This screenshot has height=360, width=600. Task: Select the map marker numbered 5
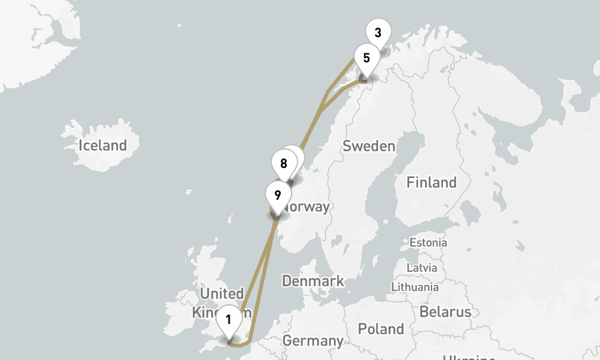tap(366, 58)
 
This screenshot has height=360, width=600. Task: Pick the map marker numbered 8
tap(284, 163)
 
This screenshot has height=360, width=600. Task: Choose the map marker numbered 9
tap(277, 195)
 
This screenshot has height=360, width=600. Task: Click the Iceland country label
tap(103, 145)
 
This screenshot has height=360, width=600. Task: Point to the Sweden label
tap(369, 146)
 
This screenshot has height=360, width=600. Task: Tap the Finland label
tap(431, 182)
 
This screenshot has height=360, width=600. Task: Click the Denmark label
tap(313, 280)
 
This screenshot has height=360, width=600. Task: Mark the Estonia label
tap(428, 242)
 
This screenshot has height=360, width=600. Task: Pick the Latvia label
tap(422, 267)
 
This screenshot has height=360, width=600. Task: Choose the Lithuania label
tap(415, 287)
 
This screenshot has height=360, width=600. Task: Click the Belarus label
tap(445, 311)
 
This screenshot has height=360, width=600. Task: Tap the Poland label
tap(380, 329)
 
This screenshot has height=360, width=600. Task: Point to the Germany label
tap(313, 341)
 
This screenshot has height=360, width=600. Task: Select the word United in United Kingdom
tap(222, 293)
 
